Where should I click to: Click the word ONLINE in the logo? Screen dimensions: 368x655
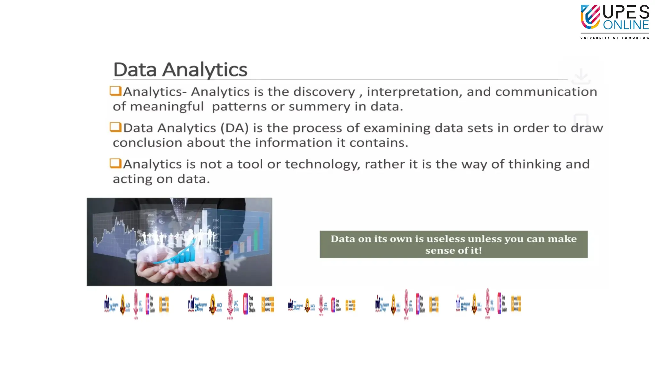(626, 25)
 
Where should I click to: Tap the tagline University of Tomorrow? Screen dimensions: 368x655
(615, 38)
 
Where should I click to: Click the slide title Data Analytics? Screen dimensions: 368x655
(180, 69)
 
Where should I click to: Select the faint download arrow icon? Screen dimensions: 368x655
(581, 76)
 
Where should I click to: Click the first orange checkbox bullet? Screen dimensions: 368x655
(115, 91)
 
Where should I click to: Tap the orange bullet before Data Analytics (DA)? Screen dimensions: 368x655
(115, 127)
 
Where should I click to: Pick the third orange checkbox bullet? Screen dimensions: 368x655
(115, 163)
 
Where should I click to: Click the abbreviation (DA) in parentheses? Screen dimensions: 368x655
(234, 128)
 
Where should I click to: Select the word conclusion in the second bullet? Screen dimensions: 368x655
(147, 143)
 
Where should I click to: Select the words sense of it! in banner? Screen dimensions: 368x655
(453, 250)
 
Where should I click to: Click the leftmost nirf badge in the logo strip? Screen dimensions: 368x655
(107, 303)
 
